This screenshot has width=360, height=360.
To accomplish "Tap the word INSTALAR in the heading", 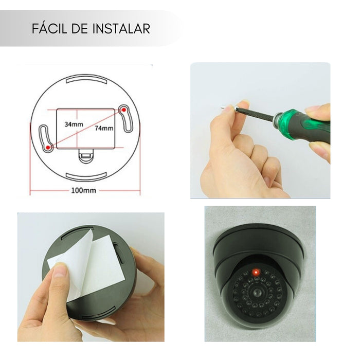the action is [121, 28].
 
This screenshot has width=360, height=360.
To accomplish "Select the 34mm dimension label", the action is [74, 124].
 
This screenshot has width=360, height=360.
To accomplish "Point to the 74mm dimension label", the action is [104, 128].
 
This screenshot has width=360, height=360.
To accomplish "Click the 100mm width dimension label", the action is [83, 190].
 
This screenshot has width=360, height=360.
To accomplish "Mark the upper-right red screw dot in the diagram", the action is [124, 110].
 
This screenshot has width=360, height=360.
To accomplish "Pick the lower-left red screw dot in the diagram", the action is [48, 148].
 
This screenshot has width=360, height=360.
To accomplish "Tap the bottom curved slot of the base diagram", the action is [86, 176].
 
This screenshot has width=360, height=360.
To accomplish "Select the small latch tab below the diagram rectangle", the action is [85, 156].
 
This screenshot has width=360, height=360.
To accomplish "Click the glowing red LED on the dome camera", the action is [256, 273].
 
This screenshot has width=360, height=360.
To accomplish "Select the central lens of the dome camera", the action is [257, 292].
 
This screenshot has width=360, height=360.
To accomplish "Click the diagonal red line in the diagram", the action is [86, 129].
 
